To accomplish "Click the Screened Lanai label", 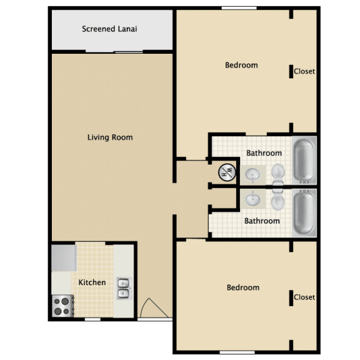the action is [x=109, y=29].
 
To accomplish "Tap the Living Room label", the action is [x=110, y=137].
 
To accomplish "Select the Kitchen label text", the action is [x=92, y=282].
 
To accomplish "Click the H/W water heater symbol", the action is [x=227, y=172].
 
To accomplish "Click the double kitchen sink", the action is [x=124, y=288].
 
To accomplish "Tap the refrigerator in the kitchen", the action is [x=64, y=258].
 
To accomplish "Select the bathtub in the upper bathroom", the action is [x=304, y=160].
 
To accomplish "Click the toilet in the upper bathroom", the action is [x=278, y=174].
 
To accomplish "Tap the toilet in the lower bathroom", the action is [x=277, y=199].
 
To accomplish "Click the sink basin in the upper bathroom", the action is [x=252, y=174].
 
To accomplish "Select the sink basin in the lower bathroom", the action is [x=252, y=199].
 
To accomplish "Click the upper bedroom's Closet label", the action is [x=304, y=71].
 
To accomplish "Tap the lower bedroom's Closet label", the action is [x=304, y=297].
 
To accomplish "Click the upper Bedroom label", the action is [x=241, y=65].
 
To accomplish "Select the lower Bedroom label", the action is [x=243, y=287].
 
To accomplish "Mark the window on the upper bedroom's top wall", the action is [x=239, y=8].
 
